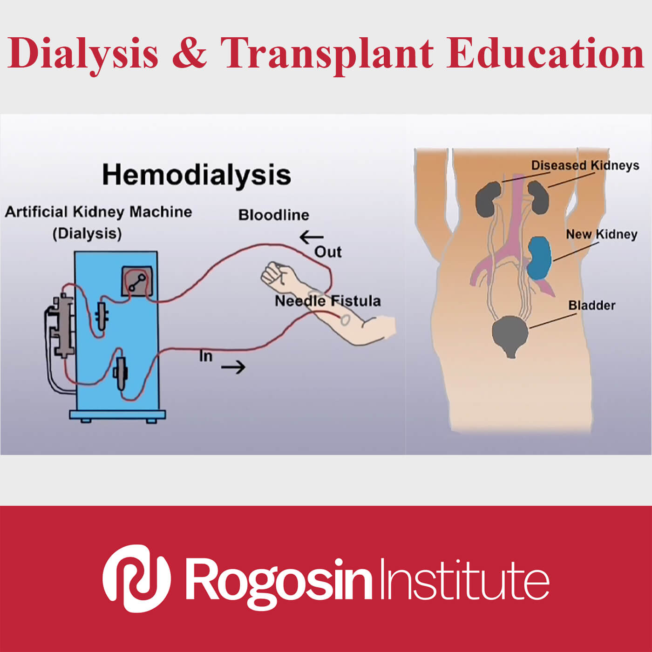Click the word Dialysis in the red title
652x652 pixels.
pos(83,53)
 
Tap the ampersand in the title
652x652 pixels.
pos(189,52)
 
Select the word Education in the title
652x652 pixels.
pos(545,53)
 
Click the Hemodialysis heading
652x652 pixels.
pos(197,175)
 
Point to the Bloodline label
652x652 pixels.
pos(274,215)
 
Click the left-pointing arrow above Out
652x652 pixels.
pos(311,237)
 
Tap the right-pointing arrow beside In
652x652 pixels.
pos(233,367)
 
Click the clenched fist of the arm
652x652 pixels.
pos(276,273)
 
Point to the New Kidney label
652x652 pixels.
pos(602,234)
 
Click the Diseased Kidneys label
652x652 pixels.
pos(585,165)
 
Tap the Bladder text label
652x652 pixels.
pos(592,306)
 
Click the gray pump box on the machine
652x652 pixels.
pos(137,281)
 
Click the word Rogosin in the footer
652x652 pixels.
pos(279,582)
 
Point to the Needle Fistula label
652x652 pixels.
pos(328,301)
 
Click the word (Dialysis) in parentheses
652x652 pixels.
pos(87,234)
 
